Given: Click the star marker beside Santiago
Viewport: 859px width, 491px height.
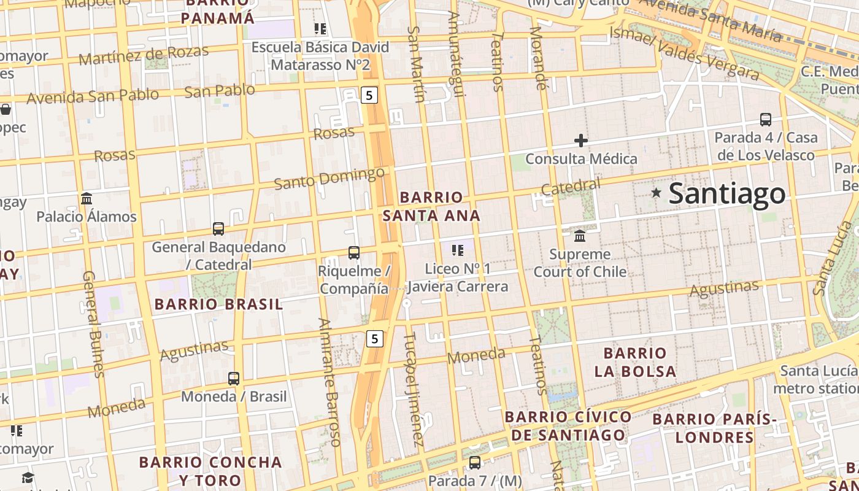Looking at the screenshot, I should [x=656, y=193].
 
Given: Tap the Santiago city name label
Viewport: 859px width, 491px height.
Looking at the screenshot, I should [x=726, y=193].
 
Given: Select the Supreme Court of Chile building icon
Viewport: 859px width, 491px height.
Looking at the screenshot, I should [x=580, y=236].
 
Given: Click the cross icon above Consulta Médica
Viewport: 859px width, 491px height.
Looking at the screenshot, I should [x=580, y=141].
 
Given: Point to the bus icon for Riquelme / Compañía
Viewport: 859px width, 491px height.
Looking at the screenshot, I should [x=353, y=252].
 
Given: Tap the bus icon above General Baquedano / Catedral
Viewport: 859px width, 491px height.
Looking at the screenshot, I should [x=218, y=229].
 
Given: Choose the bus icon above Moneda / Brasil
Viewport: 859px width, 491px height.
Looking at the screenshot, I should [x=234, y=379].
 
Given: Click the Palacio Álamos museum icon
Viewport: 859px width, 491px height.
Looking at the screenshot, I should [x=87, y=199].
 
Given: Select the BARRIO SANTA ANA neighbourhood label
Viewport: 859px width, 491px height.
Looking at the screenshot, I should [x=431, y=206].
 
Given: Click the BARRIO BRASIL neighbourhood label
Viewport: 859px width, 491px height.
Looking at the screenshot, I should [x=218, y=304].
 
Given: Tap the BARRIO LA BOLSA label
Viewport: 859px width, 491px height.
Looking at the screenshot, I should [x=635, y=362].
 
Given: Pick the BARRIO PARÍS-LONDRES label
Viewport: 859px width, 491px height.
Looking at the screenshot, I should [x=714, y=428].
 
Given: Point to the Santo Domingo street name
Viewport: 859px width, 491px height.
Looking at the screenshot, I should [x=329, y=179].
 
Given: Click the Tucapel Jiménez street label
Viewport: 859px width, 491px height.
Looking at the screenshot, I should [x=414, y=389].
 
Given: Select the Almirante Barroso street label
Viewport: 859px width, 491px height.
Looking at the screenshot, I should [x=329, y=381].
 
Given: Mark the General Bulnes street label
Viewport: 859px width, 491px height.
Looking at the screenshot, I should [x=92, y=323].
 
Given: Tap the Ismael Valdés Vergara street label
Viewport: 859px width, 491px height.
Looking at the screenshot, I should [x=684, y=53].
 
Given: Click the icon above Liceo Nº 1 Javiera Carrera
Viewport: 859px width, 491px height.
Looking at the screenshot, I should [x=457, y=250].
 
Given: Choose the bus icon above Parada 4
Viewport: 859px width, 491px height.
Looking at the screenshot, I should [x=765, y=119].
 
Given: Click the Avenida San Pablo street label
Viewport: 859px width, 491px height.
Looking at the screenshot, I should [x=93, y=96].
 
